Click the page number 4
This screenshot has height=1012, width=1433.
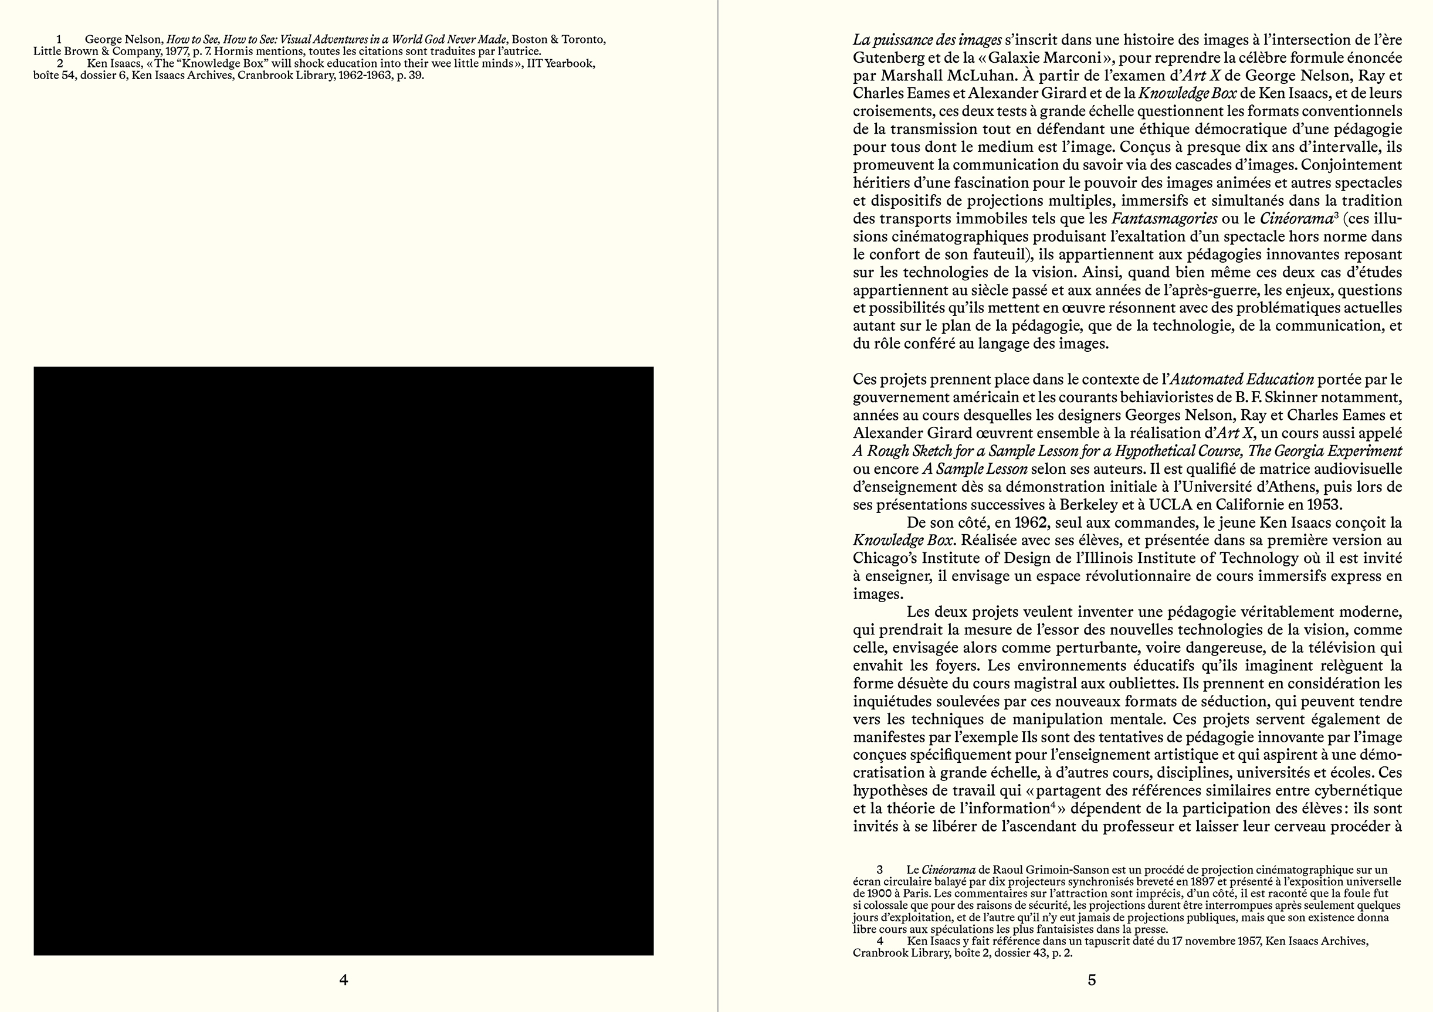pos(343,980)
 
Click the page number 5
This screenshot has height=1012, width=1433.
pos(1092,980)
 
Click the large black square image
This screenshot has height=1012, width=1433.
pos(343,661)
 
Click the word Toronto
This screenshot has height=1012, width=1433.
pos(583,40)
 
